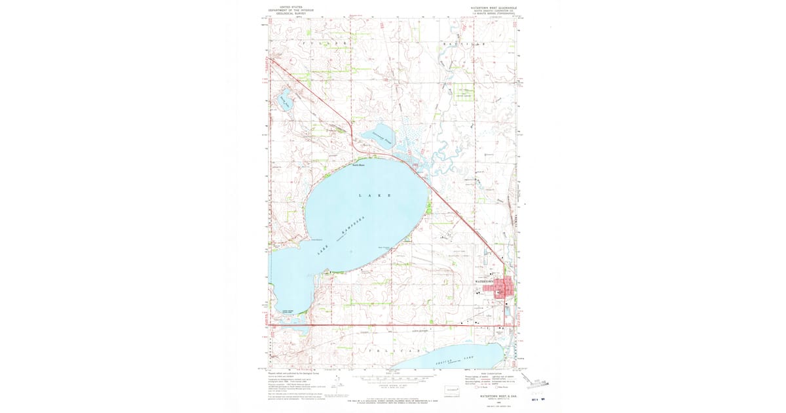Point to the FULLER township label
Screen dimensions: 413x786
click(x=320, y=43)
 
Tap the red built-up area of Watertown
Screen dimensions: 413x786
click(x=499, y=288)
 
